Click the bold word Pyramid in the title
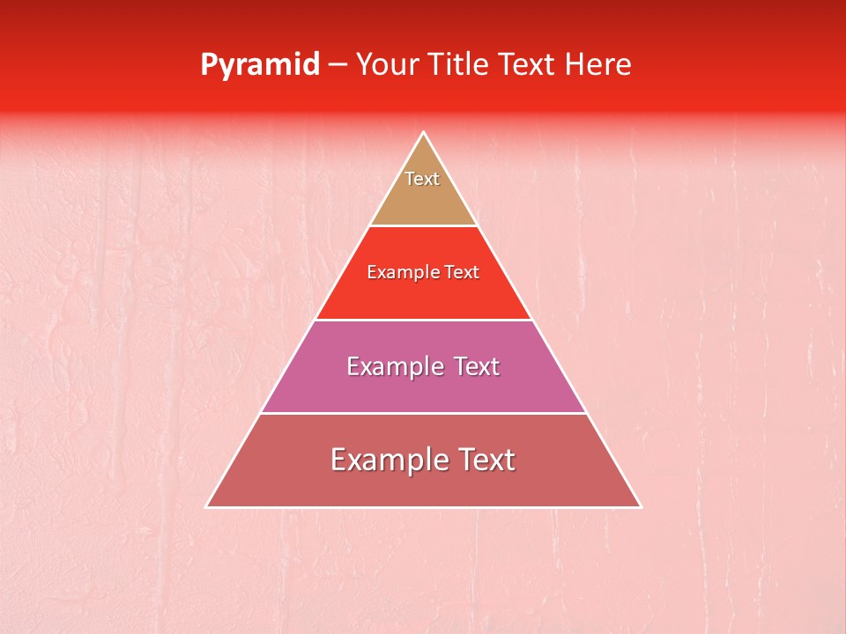[259, 65]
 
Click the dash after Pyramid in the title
[337, 65]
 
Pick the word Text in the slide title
[531, 64]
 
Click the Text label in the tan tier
[422, 179]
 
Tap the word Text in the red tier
[462, 272]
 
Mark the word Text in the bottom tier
[485, 460]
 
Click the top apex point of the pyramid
[424, 132]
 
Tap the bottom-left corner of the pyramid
[206, 507]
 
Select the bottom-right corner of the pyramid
[641, 507]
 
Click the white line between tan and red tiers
[424, 226]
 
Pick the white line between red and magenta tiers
[424, 320]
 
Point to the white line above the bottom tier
[424, 413]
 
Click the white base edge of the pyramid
[424, 507]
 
